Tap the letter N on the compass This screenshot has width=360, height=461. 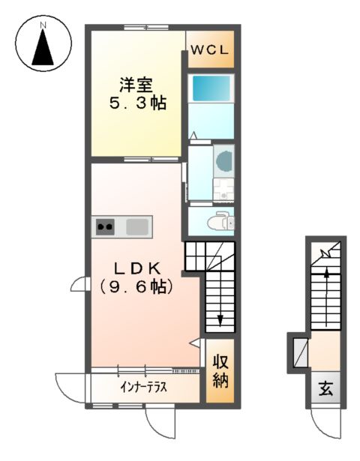pyautogui.click(x=43, y=24)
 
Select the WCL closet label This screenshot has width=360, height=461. pyautogui.click(x=213, y=51)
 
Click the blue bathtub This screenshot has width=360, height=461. pyautogui.click(x=211, y=89)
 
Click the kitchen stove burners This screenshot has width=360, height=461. pyautogui.click(x=105, y=226)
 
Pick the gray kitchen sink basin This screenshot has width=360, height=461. pyautogui.click(x=138, y=226)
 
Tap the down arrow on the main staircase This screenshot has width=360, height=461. pyautogui.click(x=220, y=319)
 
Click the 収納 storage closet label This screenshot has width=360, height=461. pyautogui.click(x=220, y=370)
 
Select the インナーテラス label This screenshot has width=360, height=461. pyautogui.click(x=143, y=388)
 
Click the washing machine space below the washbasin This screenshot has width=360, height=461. pyautogui.click(x=222, y=190)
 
